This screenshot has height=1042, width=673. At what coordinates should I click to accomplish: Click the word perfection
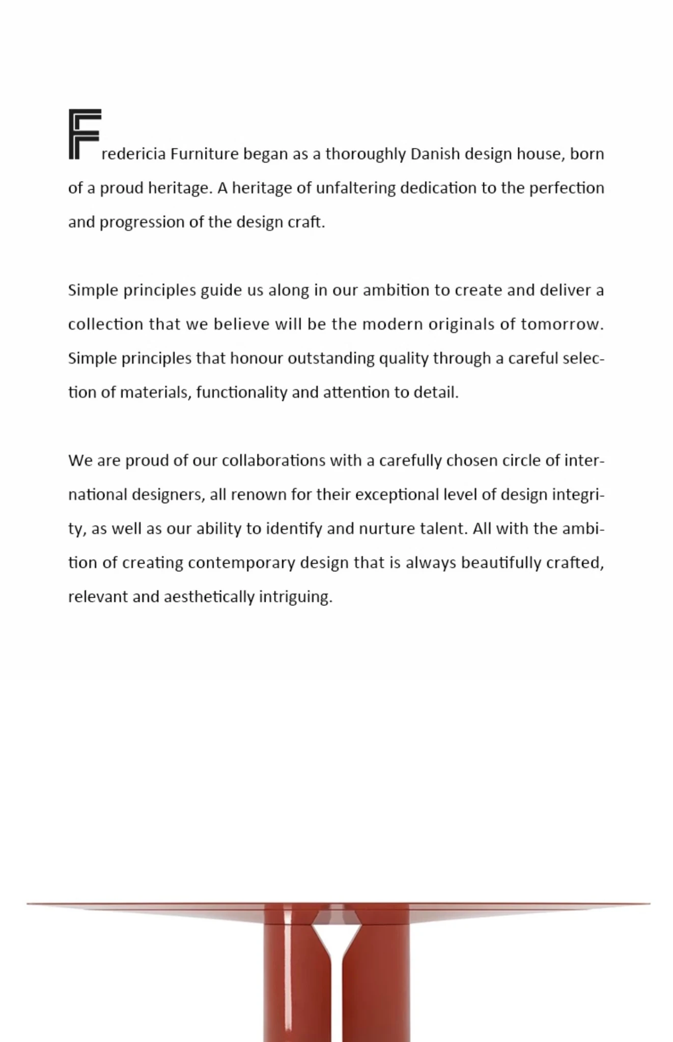click(566, 188)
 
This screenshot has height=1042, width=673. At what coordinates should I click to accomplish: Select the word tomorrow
click(561, 325)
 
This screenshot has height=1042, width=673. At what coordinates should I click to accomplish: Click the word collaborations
click(273, 460)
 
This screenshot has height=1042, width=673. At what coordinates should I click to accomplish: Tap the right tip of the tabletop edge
click(649, 904)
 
